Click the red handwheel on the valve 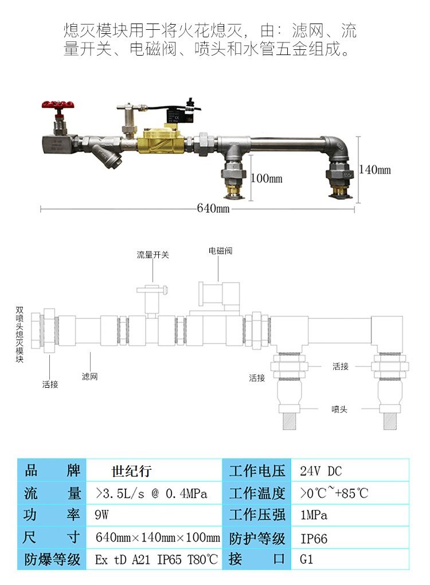point(57,105)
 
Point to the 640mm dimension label point(213,209)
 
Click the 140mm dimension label point(375,169)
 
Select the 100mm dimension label point(267,178)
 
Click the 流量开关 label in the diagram point(153,255)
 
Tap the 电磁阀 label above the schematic point(220,251)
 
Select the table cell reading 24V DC point(320,471)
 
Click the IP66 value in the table point(314,539)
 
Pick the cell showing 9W point(101,515)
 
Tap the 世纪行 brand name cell point(131,471)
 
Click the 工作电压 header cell point(257,471)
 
